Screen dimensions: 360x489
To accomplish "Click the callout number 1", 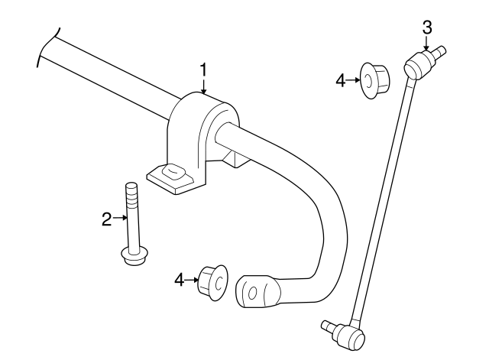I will tap(204, 70).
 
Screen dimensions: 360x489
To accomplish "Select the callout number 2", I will tap(107, 219).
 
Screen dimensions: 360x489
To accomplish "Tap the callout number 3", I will tap(427, 28).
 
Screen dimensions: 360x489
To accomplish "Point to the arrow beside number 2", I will tap(120, 219).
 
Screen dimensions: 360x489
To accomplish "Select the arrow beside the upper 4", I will tap(355, 79).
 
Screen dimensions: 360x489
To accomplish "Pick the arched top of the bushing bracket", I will tap(202, 103).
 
